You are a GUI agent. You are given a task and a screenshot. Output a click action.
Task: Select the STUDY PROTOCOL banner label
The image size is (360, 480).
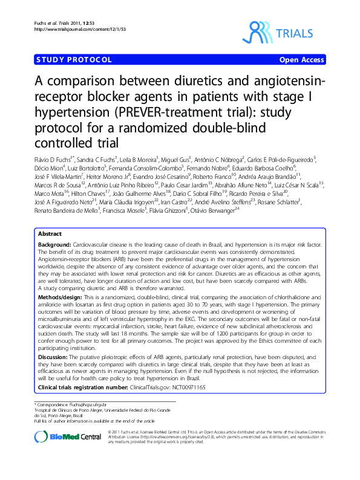[74, 60]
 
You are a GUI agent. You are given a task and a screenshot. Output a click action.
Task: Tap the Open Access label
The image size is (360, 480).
[301, 60]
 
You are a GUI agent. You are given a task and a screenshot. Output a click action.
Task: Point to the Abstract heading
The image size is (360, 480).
[50, 250]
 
